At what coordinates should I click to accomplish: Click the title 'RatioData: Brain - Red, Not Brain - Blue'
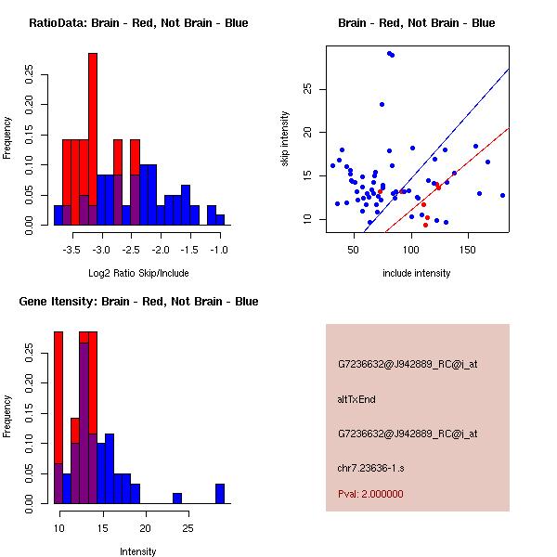click(138, 22)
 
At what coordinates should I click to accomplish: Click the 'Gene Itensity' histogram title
click(138, 301)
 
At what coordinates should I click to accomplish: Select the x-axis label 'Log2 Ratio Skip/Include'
click(138, 273)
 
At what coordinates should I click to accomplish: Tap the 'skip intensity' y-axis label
click(285, 139)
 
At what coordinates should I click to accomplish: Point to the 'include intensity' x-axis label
click(417, 273)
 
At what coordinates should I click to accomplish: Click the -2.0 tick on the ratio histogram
click(161, 250)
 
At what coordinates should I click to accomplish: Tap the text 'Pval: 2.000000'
click(370, 494)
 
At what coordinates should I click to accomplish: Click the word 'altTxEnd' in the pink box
click(356, 399)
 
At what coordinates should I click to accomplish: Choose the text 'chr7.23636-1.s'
click(366, 466)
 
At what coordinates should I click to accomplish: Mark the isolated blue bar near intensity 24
click(177, 498)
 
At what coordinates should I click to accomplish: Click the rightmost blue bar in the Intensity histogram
click(220, 493)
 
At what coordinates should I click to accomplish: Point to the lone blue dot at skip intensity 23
click(382, 104)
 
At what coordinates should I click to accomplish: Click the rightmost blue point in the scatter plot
click(502, 195)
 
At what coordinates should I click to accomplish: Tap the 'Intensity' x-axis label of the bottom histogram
click(138, 551)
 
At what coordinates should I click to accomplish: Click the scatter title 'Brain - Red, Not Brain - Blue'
click(417, 22)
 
